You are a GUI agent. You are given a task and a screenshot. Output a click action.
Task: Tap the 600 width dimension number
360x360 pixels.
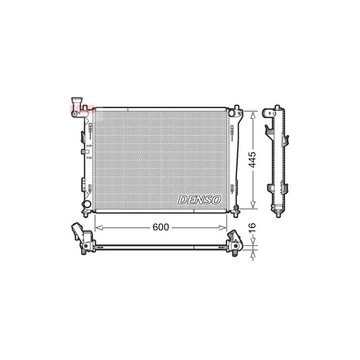coord(160,228)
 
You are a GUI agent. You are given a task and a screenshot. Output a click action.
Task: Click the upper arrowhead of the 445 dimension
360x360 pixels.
coord(253,112)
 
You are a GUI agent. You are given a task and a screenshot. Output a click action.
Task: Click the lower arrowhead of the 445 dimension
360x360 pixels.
coord(253,206)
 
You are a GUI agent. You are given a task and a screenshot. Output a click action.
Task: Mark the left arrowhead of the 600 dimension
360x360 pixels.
coord(97,228)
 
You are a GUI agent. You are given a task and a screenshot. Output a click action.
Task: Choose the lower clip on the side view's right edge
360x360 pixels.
coord(288,182)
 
